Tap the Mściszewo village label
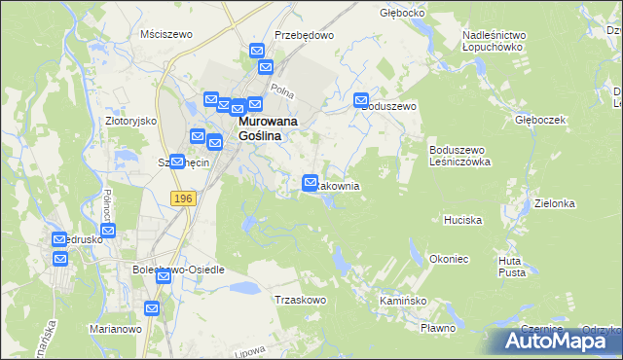click(x=165, y=33)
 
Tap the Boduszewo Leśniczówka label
click(x=459, y=156)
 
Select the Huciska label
click(x=462, y=221)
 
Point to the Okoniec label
click(x=449, y=260)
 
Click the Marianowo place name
click(x=116, y=328)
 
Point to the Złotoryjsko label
click(x=130, y=121)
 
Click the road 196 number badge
click(x=182, y=198)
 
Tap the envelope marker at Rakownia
click(x=311, y=182)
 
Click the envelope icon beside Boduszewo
click(x=361, y=100)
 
